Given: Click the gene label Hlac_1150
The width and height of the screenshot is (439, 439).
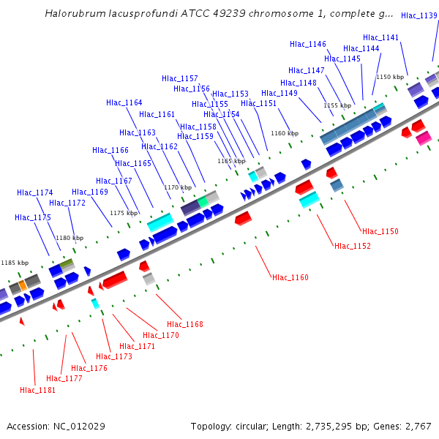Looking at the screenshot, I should tap(380, 231).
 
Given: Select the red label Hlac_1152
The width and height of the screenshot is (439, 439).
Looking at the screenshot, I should tap(352, 246).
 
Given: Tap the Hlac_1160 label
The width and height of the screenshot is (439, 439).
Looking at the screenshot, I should tap(290, 277).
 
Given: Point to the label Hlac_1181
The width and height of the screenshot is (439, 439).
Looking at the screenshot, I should tap(37, 390).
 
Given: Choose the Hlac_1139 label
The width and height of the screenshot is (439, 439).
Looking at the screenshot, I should tap(419, 15).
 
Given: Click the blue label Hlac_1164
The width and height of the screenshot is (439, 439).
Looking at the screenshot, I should tap(124, 103).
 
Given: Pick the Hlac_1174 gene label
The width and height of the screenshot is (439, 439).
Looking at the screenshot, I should tap(34, 193).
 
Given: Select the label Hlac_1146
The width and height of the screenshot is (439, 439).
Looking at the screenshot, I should tap(307, 45).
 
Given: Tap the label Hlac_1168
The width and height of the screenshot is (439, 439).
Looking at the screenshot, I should tap(184, 324).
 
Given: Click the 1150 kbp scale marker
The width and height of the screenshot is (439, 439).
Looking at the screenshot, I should tap(390, 77).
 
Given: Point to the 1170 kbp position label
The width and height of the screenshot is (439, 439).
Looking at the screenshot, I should tap(178, 188).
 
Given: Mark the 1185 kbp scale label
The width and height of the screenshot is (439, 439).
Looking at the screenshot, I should tap(15, 263).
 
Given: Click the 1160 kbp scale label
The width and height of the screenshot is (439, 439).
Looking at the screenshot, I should tap(285, 133).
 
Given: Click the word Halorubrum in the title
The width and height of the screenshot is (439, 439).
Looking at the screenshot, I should tap(71, 13).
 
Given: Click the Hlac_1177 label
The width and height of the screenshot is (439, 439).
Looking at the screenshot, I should tap(64, 378).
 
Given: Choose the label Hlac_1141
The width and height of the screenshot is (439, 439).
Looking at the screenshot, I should tap(380, 37).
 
